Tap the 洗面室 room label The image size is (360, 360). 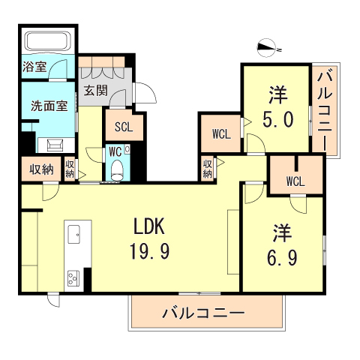[x=49, y=106]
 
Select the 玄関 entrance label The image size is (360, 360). [x=95, y=91]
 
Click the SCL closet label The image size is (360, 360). [x=124, y=127]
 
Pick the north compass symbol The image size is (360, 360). [x=268, y=47]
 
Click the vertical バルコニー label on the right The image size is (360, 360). [x=325, y=109]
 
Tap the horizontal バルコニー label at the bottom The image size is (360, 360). [x=202, y=312]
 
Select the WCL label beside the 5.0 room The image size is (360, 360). [x=220, y=135]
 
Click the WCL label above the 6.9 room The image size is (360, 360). [x=295, y=181]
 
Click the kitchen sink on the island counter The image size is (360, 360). [x=76, y=235]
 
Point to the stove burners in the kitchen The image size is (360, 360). [x=75, y=278]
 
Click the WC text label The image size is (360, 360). [x=114, y=151]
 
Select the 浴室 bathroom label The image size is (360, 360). [x=34, y=67]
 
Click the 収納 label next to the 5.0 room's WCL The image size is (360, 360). [x=207, y=169]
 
